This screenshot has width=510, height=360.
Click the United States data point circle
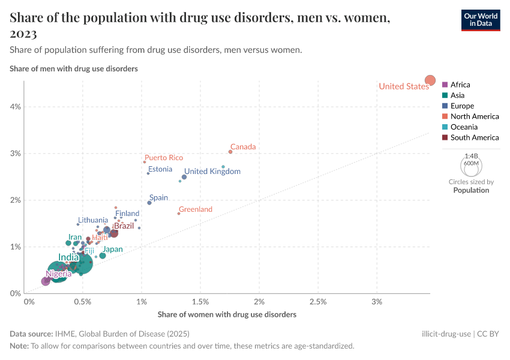(430, 80)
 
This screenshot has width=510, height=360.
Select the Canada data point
(230, 152)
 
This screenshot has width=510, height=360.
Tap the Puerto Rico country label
(163, 158)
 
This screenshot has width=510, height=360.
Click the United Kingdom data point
(184, 177)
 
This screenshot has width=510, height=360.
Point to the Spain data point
(149, 203)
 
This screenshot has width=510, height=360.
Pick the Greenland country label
(196, 209)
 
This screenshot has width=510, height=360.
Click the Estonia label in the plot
(160, 169)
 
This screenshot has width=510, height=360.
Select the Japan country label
(112, 250)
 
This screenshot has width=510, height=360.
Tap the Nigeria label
(63, 274)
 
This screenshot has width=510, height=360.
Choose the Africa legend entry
(460, 85)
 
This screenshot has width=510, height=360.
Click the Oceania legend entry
(464, 127)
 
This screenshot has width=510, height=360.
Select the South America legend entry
(474, 137)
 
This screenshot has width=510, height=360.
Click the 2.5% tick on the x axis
(318, 301)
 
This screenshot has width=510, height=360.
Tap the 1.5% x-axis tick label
(200, 301)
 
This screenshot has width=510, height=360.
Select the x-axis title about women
(227, 314)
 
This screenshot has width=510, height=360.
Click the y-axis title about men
(74, 68)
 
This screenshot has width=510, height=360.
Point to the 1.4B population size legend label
(472, 155)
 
